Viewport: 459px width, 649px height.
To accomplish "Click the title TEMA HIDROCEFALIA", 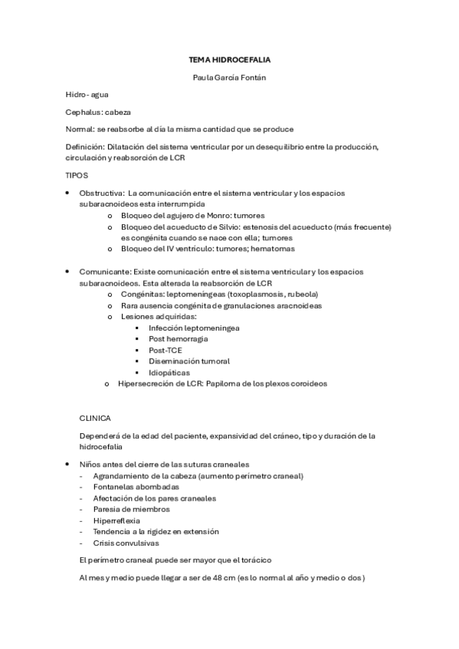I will [x=229, y=58].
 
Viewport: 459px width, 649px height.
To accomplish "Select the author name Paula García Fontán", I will [x=229, y=77].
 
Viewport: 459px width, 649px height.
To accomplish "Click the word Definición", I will [x=83, y=146].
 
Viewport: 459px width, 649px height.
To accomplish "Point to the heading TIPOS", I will [x=77, y=175].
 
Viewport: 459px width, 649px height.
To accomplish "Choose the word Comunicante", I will [x=105, y=272].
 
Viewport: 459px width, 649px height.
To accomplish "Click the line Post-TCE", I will [x=166, y=350].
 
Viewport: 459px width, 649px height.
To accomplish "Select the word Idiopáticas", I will [x=169, y=373].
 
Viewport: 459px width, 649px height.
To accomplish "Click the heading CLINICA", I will [x=95, y=418].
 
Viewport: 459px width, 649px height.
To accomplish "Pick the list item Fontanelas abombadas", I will [x=136, y=486].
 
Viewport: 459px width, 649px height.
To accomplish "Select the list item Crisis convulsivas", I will [x=126, y=543].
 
